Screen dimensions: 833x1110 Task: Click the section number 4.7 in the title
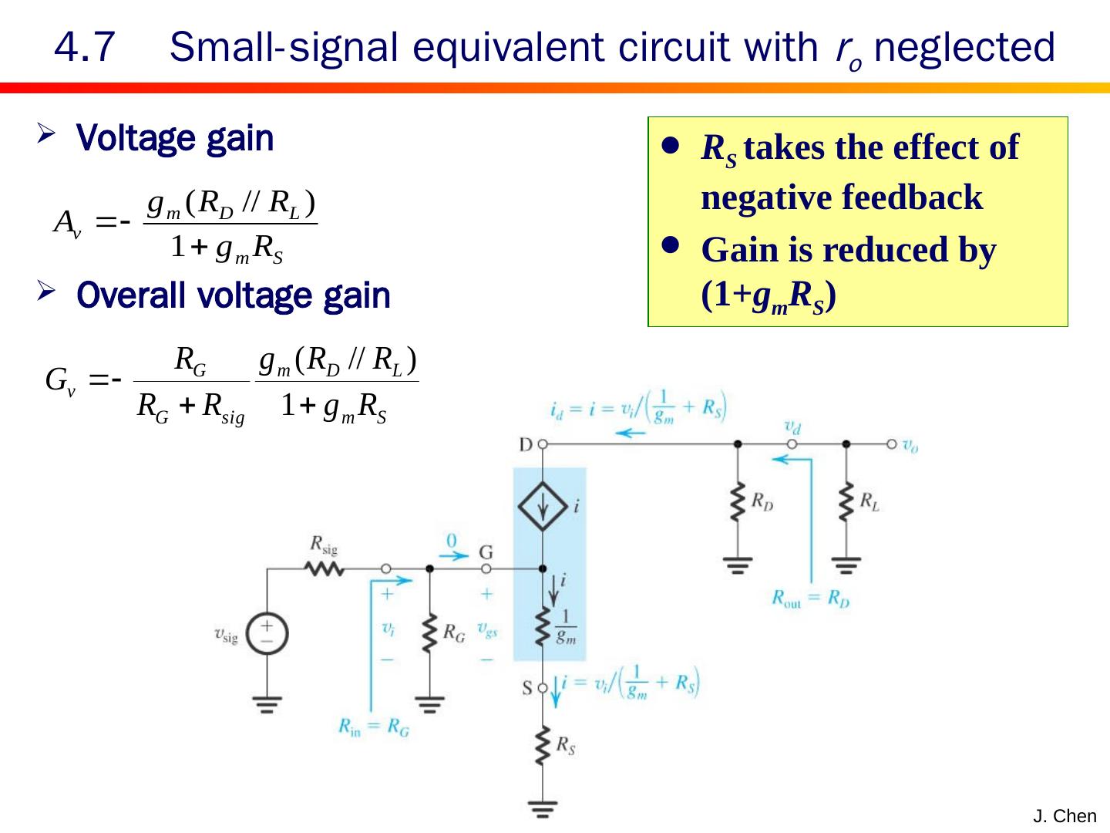[85, 48]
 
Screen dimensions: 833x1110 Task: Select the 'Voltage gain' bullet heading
[175, 139]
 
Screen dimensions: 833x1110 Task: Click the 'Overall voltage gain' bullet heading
[234, 295]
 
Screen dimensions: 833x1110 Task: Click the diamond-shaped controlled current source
[543, 506]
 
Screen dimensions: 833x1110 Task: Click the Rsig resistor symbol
[325, 569]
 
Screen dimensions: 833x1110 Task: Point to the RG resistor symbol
[430, 634]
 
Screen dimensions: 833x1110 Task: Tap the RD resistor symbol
[738, 503]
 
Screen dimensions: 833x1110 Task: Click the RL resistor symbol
[846, 503]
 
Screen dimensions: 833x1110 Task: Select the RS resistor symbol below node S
[543, 746]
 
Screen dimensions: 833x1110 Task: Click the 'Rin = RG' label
[374, 727]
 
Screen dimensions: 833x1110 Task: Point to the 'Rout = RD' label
[810, 599]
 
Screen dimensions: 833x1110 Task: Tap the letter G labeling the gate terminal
[486, 552]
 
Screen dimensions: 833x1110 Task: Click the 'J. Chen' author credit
[1065, 816]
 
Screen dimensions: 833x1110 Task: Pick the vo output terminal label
[910, 445]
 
